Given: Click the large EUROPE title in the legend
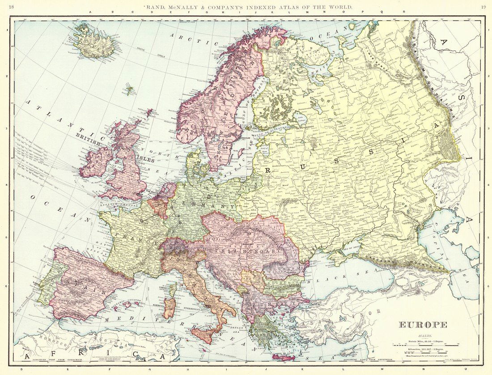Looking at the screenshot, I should point(423,325).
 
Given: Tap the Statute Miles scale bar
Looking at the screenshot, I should point(425,345).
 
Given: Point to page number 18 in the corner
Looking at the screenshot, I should point(12,7).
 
